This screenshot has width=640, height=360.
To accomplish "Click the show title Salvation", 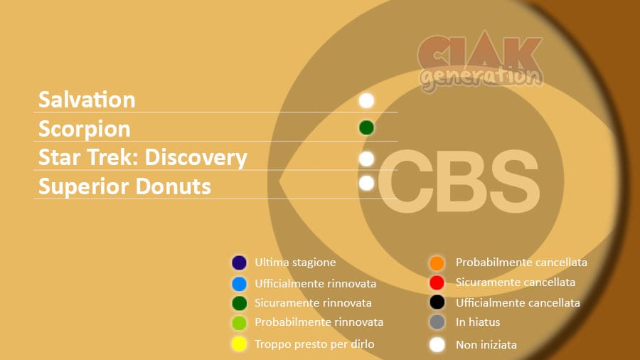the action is click(87, 100).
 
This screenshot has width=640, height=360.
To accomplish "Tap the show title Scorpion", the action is click(85, 129).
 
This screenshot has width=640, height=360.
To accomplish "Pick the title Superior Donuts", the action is click(124, 186).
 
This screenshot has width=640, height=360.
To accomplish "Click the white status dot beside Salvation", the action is click(366, 100).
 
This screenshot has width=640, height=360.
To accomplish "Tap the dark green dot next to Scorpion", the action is click(366, 128).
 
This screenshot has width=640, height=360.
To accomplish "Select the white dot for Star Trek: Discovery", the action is click(366, 159).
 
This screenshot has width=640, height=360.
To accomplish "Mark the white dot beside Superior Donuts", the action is click(366, 184).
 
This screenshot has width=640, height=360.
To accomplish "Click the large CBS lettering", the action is click(459, 181).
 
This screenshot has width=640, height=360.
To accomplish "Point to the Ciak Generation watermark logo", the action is click(481, 61).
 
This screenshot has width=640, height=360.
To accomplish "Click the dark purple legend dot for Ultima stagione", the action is click(239, 263).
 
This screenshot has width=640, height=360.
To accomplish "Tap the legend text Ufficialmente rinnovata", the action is click(316, 283).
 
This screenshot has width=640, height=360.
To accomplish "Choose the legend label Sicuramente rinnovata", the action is click(313, 303).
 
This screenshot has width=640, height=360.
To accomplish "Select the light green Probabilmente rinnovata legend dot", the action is click(239, 323).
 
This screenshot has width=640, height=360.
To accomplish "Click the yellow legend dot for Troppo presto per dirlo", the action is click(239, 344).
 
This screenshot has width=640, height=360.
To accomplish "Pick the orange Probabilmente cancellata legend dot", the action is click(437, 263).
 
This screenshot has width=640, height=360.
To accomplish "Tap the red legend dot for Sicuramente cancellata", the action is click(437, 282).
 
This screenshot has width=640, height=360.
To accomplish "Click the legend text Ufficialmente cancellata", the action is click(518, 303).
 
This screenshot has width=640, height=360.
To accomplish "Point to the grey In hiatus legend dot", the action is click(437, 322).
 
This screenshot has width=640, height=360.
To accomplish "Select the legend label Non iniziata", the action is click(486, 345).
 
